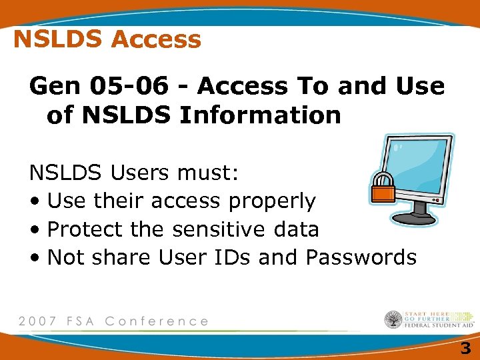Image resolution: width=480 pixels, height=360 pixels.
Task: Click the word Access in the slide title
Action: [156, 40]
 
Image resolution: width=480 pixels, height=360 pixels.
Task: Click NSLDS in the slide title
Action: [59, 40]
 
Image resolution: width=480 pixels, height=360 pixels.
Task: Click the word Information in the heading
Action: [261, 115]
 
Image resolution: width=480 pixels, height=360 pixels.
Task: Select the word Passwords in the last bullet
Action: [361, 257]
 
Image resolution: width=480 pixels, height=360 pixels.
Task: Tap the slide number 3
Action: [465, 347]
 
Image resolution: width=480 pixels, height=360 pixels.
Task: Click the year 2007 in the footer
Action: [39, 321]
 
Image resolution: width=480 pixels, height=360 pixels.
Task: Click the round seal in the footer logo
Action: [393, 319]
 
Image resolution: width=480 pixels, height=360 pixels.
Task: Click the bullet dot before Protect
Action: [34, 230]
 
